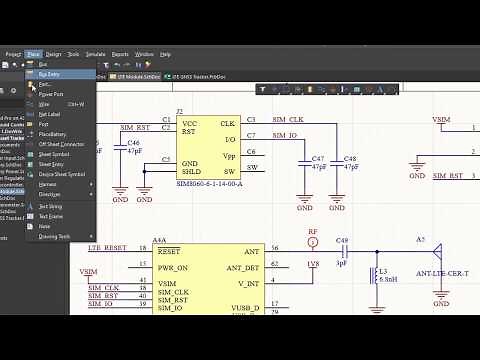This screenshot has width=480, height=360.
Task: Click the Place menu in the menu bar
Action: (x=34, y=54)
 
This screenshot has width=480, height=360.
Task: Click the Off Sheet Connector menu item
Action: (x=61, y=144)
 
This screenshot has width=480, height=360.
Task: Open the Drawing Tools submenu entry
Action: (x=54, y=237)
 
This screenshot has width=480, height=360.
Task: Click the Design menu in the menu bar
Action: (x=54, y=54)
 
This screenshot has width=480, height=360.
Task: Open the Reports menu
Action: (x=121, y=54)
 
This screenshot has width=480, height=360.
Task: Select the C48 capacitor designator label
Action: (x=349, y=158)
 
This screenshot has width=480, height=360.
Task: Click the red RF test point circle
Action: (x=313, y=246)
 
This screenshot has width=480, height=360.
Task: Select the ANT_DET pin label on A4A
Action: (x=242, y=268)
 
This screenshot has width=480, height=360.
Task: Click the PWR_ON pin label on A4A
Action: (x=174, y=268)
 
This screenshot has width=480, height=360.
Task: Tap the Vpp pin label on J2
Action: (x=228, y=157)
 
